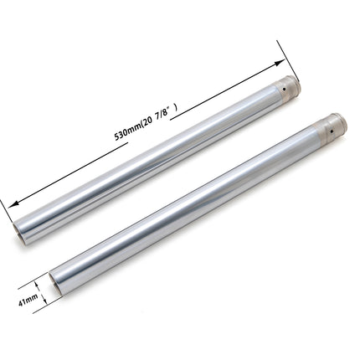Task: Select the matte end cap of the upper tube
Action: point(285,90)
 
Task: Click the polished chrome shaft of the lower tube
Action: point(193,209)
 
